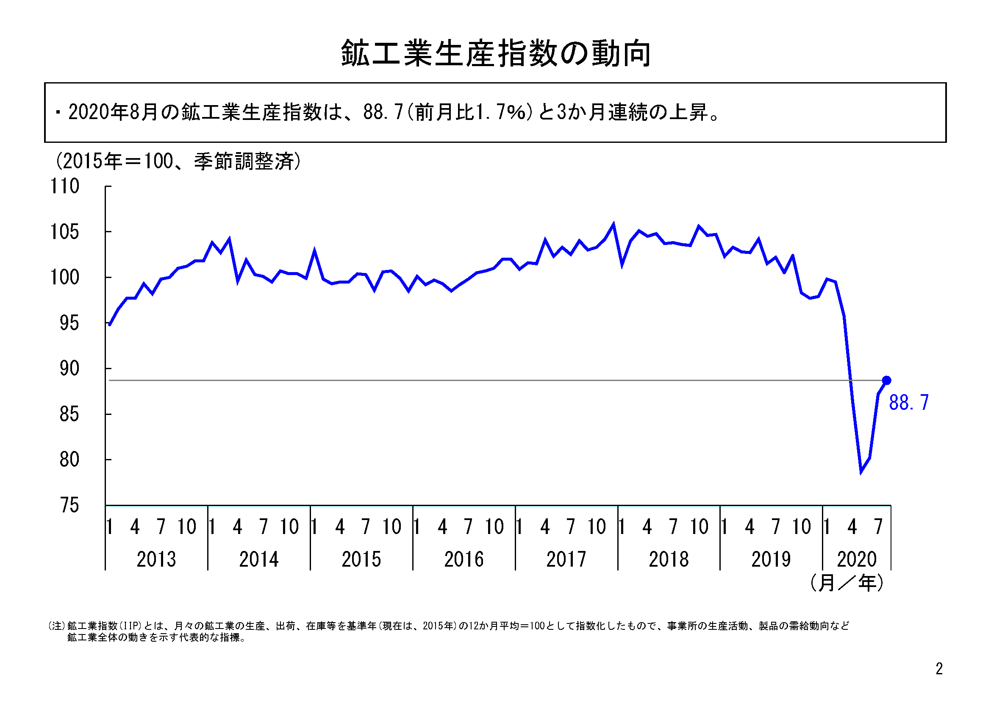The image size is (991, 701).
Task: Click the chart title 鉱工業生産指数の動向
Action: (x=496, y=53)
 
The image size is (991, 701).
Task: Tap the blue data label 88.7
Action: (x=908, y=403)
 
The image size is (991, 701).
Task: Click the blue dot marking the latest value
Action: (x=886, y=380)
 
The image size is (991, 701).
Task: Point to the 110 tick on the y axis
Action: (x=65, y=186)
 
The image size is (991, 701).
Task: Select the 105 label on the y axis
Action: (x=65, y=232)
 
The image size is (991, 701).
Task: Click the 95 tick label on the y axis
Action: (x=69, y=323)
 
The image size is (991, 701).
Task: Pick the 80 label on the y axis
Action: (x=69, y=460)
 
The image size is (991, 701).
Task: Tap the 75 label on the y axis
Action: (x=69, y=506)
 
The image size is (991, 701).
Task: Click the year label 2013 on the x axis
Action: (x=156, y=559)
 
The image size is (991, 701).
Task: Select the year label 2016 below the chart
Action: (x=464, y=559)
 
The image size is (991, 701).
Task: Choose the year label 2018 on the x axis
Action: (x=669, y=559)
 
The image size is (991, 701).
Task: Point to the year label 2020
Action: (x=857, y=559)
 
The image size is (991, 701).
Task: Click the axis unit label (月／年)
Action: (x=847, y=583)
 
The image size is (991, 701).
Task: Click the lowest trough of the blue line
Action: (x=861, y=471)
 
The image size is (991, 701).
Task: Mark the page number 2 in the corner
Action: (x=939, y=669)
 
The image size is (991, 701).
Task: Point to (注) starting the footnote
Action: (x=56, y=626)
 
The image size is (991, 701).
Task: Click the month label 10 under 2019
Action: (x=801, y=527)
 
